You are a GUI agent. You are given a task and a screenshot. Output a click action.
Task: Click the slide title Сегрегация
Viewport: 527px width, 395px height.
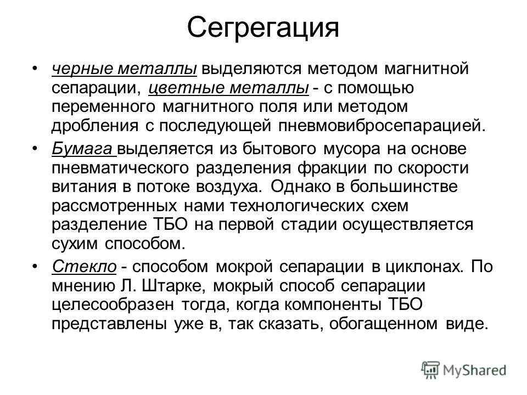(x=263, y=27)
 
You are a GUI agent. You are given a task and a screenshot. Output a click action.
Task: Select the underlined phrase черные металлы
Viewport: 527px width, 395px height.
(x=125, y=69)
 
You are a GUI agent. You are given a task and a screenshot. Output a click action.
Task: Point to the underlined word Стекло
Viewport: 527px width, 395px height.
(x=84, y=267)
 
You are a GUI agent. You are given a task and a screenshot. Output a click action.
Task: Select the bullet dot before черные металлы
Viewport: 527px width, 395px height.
(x=36, y=69)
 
